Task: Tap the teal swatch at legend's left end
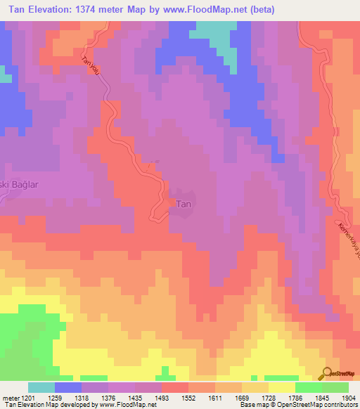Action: click(41, 387)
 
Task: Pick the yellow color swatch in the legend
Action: click(282, 387)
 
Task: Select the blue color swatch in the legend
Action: click(68, 387)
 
